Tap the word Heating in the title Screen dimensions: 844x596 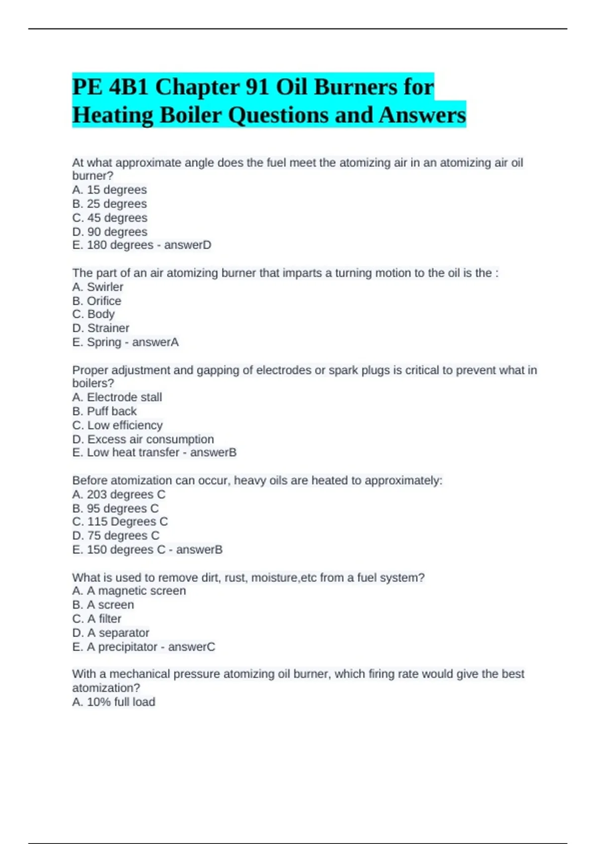pyautogui.click(x=113, y=115)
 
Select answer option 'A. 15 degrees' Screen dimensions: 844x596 pyautogui.click(x=109, y=190)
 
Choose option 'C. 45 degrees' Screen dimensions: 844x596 pyautogui.click(x=110, y=217)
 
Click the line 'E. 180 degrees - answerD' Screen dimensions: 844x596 pyautogui.click(x=142, y=245)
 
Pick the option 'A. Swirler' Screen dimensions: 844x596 pyautogui.click(x=98, y=287)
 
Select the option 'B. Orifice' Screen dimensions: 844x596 pyautogui.click(x=97, y=301)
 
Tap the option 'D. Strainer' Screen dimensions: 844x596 pyautogui.click(x=101, y=328)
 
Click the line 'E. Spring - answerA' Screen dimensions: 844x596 pyautogui.click(x=125, y=342)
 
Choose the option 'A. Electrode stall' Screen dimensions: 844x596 pyautogui.click(x=117, y=397)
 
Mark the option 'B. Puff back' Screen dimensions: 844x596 pyautogui.click(x=104, y=411)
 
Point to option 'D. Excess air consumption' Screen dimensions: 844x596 pyautogui.click(x=143, y=439)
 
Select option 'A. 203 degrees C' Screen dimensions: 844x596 pyautogui.click(x=119, y=494)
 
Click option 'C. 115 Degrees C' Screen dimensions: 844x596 pyautogui.click(x=120, y=522)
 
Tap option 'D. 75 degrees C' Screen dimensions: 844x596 pyautogui.click(x=116, y=536)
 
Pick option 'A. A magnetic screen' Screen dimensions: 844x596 pyautogui.click(x=129, y=591)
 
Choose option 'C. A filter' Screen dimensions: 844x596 pyautogui.click(x=97, y=619)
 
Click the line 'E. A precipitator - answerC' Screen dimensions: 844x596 pyautogui.click(x=144, y=647)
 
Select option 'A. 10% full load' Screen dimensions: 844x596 pyautogui.click(x=114, y=702)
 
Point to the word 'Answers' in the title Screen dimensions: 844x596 pyautogui.click(x=422, y=115)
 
